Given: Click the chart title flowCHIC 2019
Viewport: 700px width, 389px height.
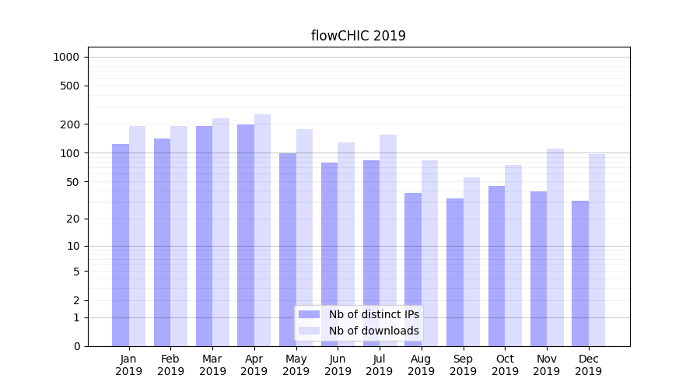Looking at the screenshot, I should coord(358,36).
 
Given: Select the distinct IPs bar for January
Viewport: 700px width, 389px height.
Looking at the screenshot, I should coord(121,245).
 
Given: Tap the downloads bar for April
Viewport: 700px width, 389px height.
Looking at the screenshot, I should coord(262,230).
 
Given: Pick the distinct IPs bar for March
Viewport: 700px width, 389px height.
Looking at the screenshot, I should coord(204,236).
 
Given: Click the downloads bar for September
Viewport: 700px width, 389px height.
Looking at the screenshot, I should coord(471,261).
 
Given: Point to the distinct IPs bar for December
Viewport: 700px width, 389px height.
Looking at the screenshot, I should coord(580,273).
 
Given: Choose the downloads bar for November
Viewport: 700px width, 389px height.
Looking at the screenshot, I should coord(555,247).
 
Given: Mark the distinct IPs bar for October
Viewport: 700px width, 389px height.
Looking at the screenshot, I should coord(496,266).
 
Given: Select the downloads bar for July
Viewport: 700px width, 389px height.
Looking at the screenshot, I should coord(387,240).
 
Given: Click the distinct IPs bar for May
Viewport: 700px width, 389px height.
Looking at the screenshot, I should coord(288,250).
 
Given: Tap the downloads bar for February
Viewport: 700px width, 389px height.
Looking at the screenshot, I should coord(179,236).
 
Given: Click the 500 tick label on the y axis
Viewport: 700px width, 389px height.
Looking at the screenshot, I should coord(71,86).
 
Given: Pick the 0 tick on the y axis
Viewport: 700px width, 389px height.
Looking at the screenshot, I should coord(76,346).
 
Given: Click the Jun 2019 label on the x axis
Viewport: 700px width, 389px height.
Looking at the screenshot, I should coord(338,365).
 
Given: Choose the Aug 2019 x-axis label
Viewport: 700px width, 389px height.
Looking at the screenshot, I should coord(421,365).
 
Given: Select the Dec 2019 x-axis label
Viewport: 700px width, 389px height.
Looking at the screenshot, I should coord(588,365).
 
